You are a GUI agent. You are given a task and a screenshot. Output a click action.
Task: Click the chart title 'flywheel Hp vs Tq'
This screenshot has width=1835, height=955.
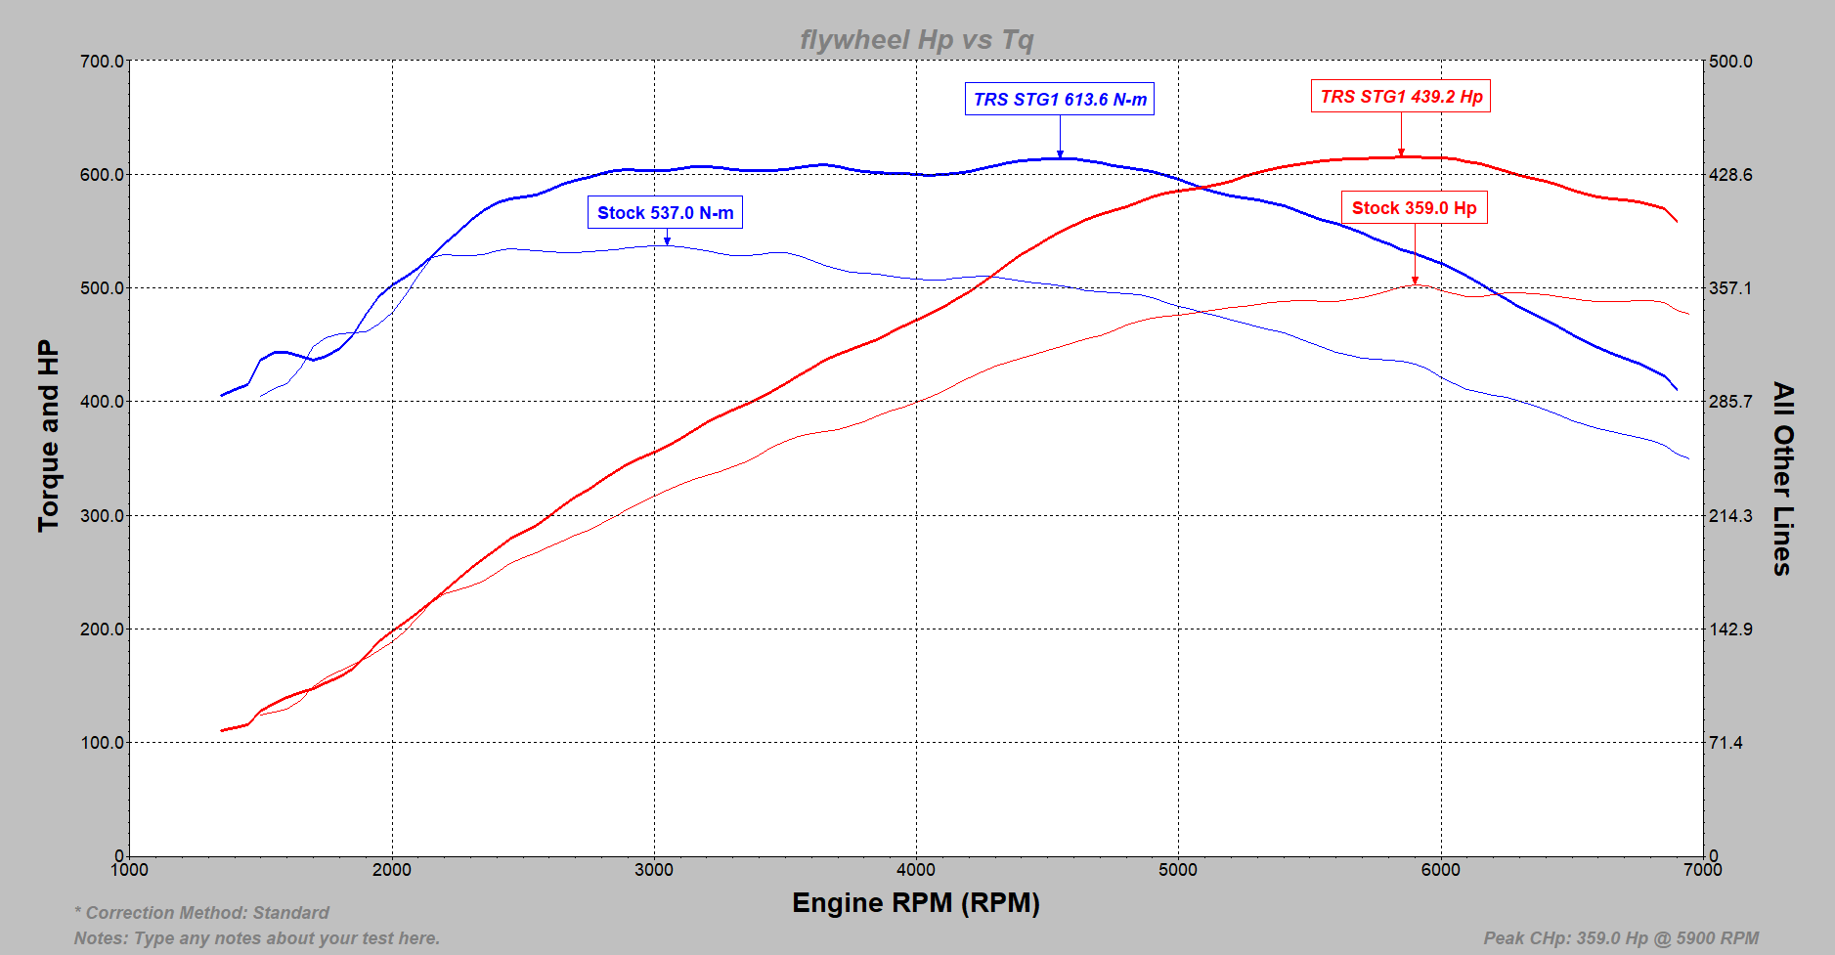916,40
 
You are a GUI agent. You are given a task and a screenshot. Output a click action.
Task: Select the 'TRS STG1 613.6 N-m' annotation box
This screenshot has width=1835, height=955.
1060,100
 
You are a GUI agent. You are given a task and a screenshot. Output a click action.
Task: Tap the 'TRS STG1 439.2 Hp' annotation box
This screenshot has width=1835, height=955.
1400,97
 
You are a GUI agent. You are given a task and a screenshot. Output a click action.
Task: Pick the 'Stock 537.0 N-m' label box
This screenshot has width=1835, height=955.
665,213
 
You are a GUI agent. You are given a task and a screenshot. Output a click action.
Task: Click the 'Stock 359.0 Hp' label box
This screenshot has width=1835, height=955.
1414,208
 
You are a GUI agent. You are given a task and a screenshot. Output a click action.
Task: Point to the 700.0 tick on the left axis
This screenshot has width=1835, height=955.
102,62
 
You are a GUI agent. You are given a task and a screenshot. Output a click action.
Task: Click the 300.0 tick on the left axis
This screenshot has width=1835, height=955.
102,516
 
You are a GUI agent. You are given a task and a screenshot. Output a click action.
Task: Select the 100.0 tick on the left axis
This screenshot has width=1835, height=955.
102,743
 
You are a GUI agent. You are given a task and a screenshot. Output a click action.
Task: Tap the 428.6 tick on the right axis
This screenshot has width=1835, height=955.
1730,175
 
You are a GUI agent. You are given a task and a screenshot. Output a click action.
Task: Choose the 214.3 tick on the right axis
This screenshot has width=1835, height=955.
1730,516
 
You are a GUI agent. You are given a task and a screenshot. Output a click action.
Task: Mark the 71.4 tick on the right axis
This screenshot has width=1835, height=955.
1726,743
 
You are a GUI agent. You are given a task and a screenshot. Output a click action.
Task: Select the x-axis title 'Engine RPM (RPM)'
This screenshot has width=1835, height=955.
915,903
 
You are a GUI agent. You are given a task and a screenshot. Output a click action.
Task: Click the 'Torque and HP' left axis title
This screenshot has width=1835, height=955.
49,436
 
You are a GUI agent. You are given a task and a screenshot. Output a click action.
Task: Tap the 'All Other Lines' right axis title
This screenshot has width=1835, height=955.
1783,478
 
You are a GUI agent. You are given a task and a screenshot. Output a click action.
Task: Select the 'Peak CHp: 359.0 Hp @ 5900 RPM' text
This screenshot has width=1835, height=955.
1621,938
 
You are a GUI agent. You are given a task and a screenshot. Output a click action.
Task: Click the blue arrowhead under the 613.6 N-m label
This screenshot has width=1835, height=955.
1060,153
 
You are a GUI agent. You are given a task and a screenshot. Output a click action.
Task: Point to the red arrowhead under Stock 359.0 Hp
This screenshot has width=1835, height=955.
1415,281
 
